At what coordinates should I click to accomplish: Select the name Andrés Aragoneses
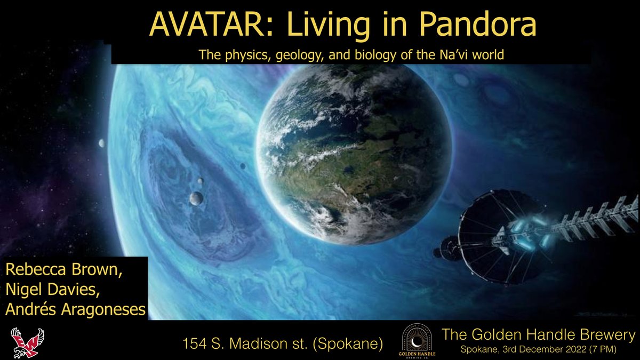75,308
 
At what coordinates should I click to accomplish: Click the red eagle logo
27,342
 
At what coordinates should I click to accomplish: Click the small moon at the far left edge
101,143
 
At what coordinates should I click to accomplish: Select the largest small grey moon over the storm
196,198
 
